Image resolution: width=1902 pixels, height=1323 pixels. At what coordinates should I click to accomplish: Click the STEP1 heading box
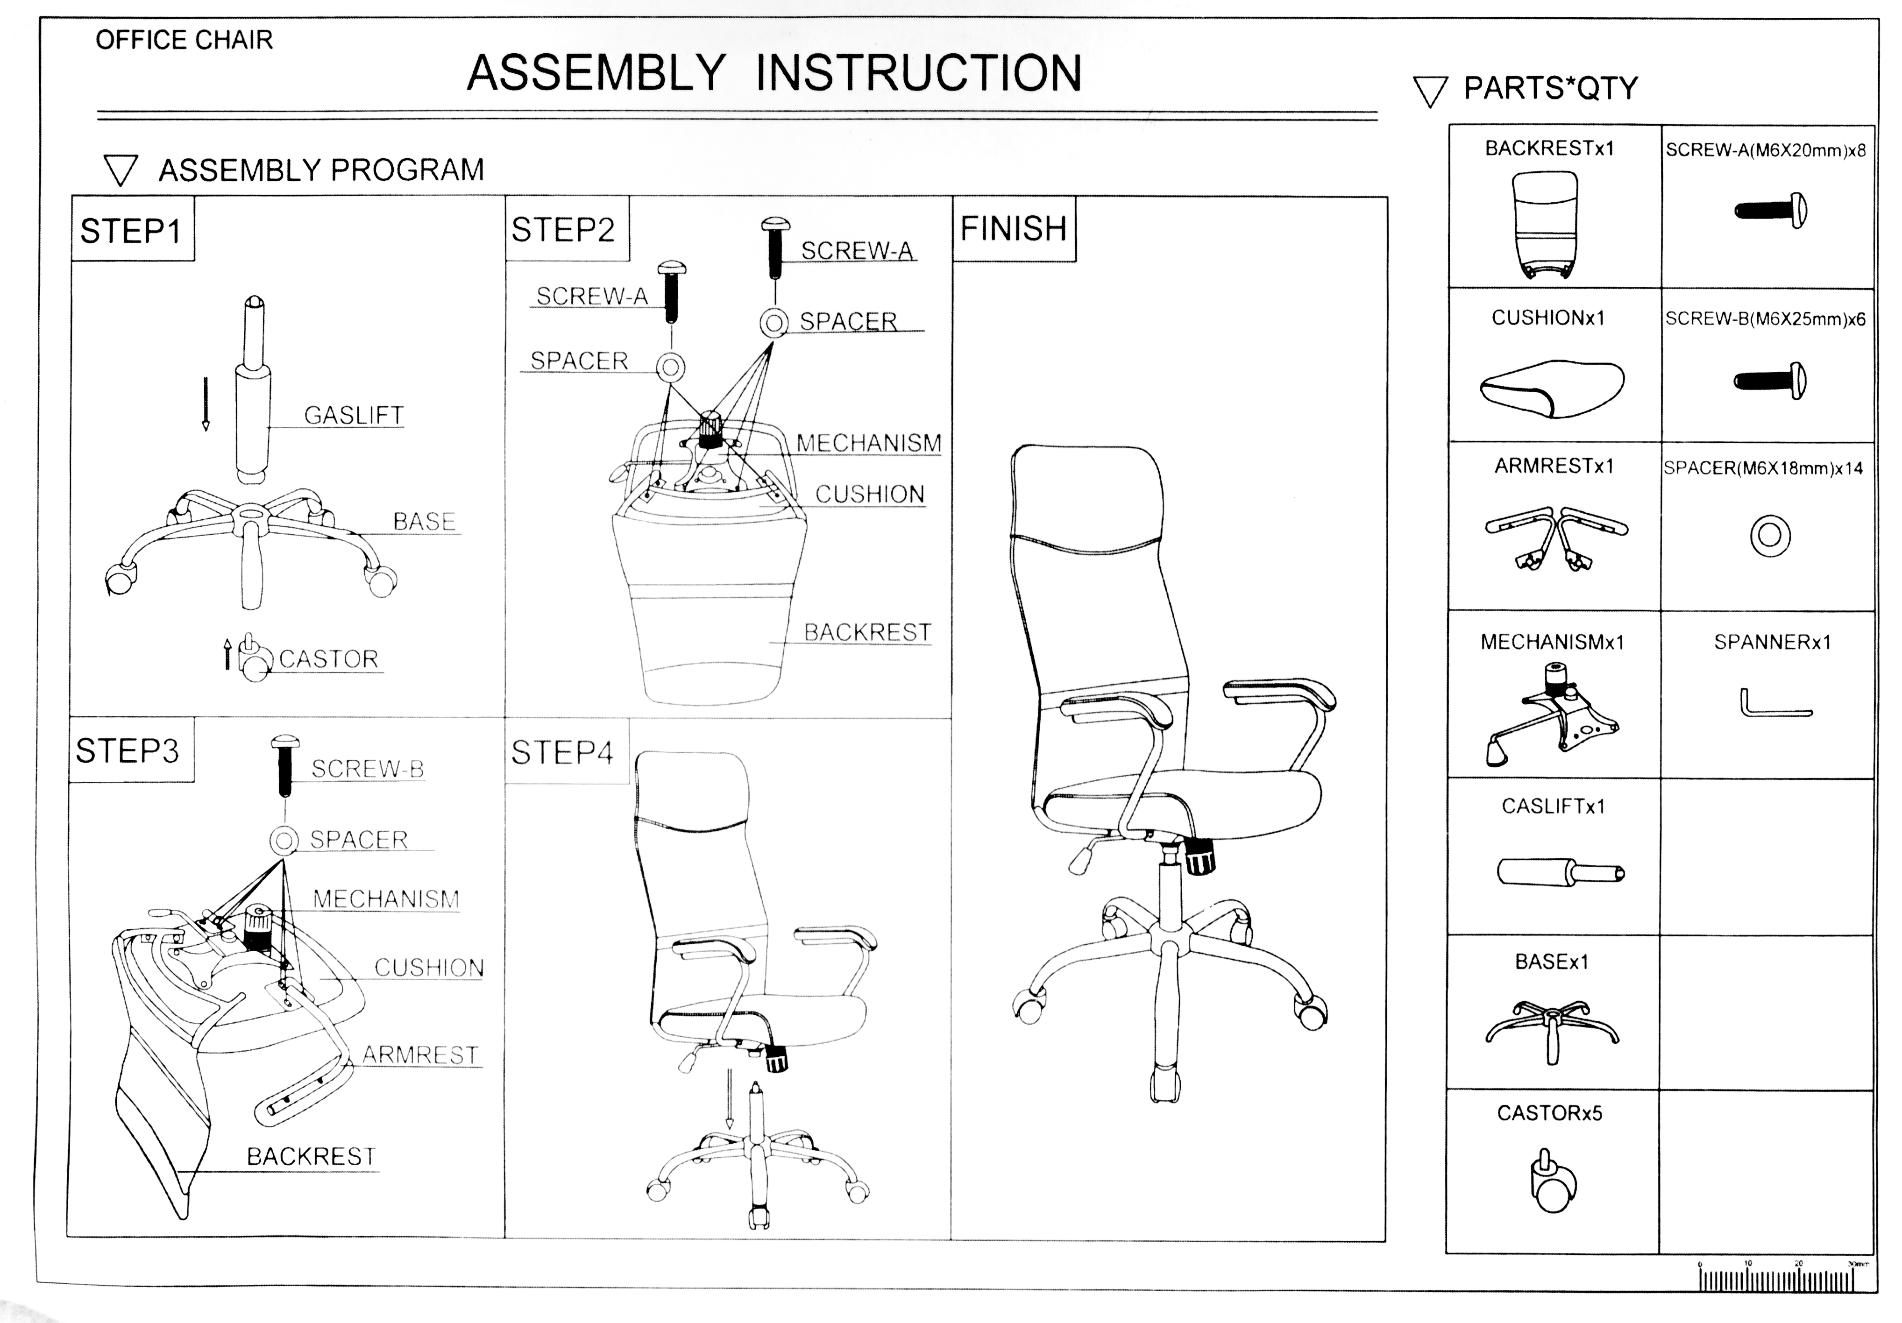(x=131, y=230)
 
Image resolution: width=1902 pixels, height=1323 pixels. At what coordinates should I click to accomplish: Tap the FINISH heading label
(x=1013, y=229)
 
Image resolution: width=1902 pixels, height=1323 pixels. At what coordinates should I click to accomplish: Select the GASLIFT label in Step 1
(x=354, y=415)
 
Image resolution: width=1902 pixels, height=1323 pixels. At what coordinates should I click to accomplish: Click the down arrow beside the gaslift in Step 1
(x=206, y=404)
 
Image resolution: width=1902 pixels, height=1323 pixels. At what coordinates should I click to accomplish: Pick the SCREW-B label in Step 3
(x=368, y=769)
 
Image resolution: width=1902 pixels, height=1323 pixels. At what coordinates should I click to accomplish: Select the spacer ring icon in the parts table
(x=1770, y=535)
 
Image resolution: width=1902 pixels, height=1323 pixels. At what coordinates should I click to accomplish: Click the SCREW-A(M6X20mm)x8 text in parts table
(x=1765, y=150)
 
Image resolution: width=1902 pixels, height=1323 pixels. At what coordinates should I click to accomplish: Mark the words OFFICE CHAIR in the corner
(x=184, y=40)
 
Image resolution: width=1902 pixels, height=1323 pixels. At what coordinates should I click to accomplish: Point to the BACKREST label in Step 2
(x=867, y=632)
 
